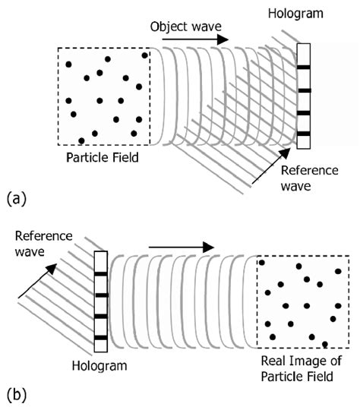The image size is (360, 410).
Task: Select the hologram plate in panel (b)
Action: click(99, 302)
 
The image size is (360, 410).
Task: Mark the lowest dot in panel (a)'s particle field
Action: click(81, 140)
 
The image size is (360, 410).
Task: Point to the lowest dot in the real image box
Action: click(325, 343)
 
